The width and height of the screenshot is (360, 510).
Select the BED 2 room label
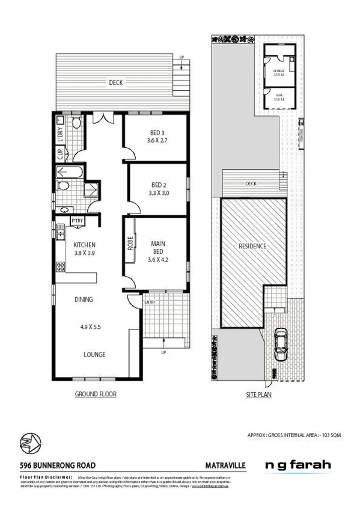(159, 185)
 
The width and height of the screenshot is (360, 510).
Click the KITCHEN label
(85, 245)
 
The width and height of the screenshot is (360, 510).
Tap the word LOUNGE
(94, 355)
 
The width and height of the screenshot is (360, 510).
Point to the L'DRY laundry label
(60, 136)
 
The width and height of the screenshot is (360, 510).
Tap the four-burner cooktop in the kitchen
(61, 267)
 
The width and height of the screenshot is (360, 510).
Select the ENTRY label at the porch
(150, 302)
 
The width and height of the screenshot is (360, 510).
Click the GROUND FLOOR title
(95, 395)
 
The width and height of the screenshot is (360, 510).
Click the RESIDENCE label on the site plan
(252, 247)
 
